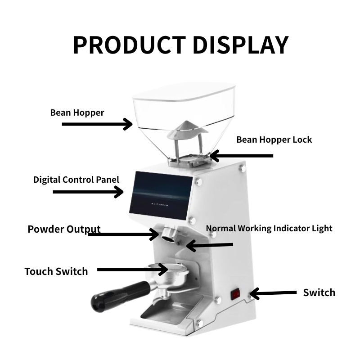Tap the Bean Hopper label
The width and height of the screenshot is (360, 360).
(77, 113)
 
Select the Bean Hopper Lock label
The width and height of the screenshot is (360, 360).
(274, 139)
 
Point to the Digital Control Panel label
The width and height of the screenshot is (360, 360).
(76, 180)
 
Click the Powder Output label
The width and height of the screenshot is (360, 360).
(64, 229)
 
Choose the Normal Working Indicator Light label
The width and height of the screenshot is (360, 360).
(269, 228)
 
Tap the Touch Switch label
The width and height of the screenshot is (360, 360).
(56, 271)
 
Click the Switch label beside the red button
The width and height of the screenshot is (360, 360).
(319, 292)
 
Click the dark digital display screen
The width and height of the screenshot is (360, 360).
(161, 196)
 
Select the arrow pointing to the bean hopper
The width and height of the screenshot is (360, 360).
(97, 124)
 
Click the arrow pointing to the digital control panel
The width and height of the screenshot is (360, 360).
(88, 192)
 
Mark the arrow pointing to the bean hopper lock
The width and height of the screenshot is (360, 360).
(241, 156)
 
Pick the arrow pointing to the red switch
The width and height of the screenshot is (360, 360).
(273, 293)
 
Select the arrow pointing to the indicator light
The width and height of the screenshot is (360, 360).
(210, 245)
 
